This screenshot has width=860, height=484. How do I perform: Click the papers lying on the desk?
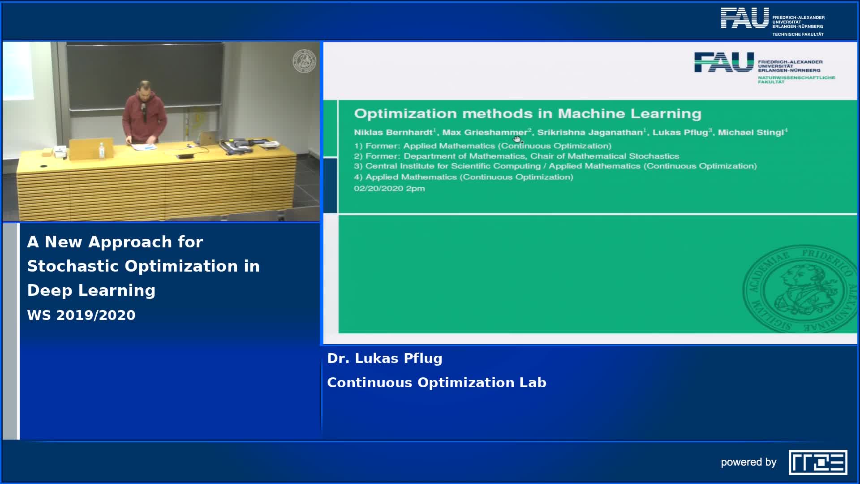pos(143,146)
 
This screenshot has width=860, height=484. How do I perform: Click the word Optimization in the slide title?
pos(406,114)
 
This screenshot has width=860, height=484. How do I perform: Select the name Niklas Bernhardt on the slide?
pos(393,132)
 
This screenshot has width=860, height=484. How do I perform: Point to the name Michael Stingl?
pos(751,132)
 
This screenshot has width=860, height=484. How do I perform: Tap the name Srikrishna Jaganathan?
pos(590,132)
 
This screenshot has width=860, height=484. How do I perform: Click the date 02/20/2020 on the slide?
pos(378,189)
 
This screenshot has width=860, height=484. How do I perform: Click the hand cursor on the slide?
pos(518,139)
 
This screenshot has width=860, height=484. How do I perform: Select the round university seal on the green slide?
pos(800,289)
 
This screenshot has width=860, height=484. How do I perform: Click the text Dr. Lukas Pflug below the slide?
pos(385,359)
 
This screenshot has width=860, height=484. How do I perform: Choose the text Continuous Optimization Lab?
pos(437,383)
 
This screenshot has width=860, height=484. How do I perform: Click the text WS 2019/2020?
pos(81,315)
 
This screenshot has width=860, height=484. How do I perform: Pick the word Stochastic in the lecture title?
pos(72,266)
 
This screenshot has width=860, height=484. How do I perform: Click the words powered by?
pos(748,462)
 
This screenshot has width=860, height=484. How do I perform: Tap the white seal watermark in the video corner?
pos(305,61)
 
